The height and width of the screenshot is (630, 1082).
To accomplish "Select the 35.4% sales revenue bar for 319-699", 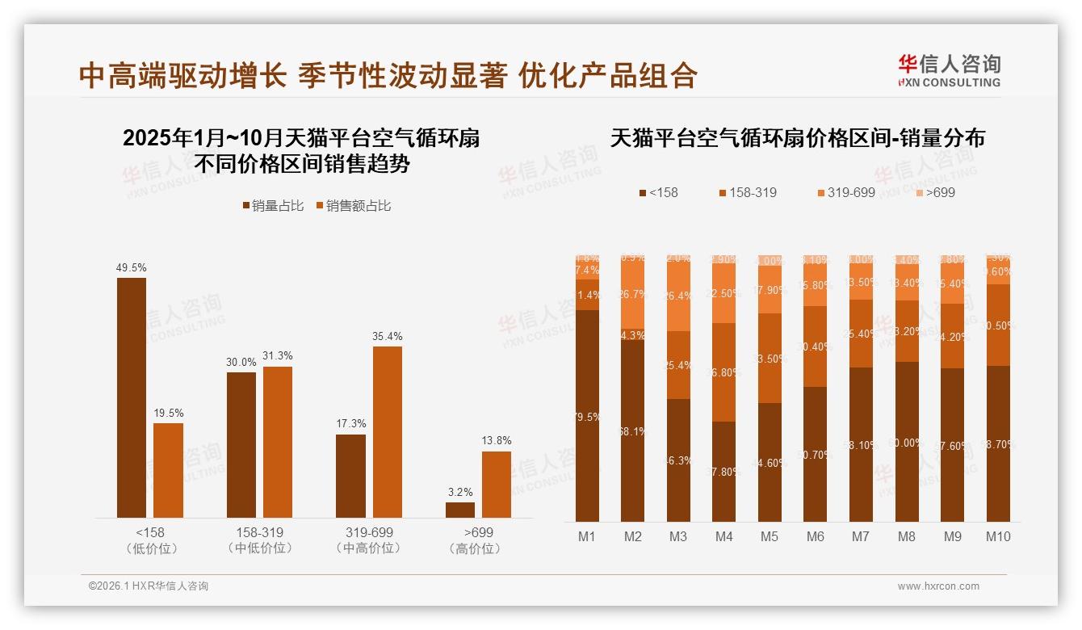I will click(388, 432).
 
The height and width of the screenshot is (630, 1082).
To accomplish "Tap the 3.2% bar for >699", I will click(460, 510).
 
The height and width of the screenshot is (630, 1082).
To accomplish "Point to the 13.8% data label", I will click(497, 441).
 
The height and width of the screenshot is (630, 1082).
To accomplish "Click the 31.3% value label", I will click(278, 356).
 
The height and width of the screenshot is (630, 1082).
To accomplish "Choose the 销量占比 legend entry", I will click(273, 206).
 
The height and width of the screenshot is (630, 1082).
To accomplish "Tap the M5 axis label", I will click(770, 536).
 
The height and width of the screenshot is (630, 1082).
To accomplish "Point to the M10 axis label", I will click(998, 536).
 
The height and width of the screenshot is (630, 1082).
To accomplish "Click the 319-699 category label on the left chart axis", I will click(368, 533).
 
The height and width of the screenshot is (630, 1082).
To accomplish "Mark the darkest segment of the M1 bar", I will click(588, 416).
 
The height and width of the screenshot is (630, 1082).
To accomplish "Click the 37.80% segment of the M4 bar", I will click(724, 472).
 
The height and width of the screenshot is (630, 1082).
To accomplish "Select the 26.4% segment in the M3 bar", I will click(679, 296).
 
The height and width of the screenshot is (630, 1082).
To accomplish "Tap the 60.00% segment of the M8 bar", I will click(907, 442).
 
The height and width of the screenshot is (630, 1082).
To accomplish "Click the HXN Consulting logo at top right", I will click(949, 70).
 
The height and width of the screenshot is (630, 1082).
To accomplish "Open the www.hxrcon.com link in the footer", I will click(938, 586).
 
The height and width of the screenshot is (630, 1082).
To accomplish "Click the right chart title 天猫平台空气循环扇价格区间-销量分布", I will click(798, 138).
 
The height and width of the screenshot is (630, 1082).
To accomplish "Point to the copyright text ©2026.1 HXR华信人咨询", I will click(149, 586).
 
